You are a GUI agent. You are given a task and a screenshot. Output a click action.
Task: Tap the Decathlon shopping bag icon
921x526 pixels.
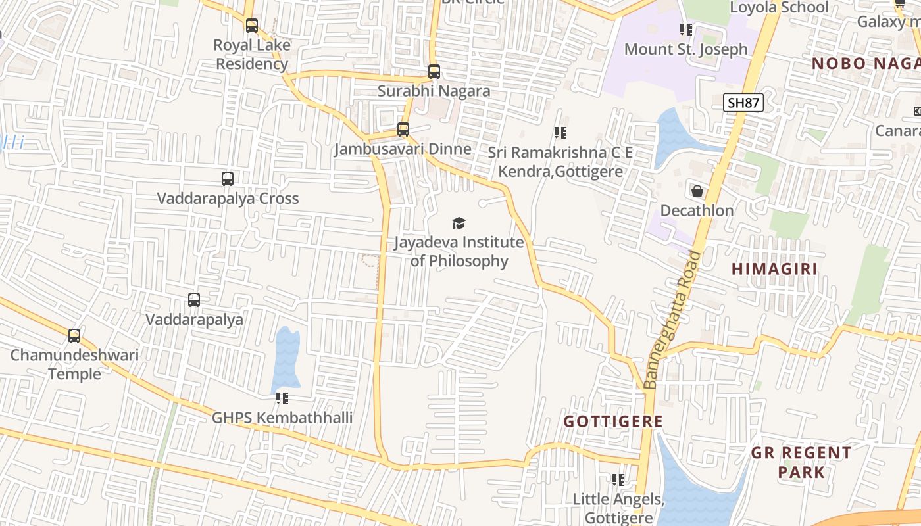697,191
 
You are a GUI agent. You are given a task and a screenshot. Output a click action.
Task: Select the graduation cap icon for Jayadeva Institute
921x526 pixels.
459,223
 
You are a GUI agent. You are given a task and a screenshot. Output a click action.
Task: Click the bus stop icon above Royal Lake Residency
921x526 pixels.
252,26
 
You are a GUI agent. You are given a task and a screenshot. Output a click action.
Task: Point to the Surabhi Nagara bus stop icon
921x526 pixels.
434,72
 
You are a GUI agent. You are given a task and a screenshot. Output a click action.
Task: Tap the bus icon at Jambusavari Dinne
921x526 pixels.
403,130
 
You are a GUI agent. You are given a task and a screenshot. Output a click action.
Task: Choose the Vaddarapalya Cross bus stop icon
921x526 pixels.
228,178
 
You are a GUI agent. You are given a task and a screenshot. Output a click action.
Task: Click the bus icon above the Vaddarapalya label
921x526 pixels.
194,300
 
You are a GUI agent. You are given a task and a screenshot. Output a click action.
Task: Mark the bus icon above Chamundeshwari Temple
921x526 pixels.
74,336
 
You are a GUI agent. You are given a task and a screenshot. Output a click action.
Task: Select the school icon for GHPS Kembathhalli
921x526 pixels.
282,398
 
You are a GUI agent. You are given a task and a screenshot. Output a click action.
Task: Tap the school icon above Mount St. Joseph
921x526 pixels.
686,30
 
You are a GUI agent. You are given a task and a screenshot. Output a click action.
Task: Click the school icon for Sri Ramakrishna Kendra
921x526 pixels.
560,133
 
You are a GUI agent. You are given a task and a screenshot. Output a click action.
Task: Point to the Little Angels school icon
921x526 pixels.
618,480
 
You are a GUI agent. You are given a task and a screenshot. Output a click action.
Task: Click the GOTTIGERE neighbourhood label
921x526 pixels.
612,421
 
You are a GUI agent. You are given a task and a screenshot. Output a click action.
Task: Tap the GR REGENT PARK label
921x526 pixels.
801,462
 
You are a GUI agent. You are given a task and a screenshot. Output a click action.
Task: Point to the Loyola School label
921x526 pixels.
779,8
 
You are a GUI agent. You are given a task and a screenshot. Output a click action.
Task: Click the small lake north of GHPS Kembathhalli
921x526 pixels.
286,358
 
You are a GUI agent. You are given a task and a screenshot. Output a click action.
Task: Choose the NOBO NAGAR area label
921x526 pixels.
865,64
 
